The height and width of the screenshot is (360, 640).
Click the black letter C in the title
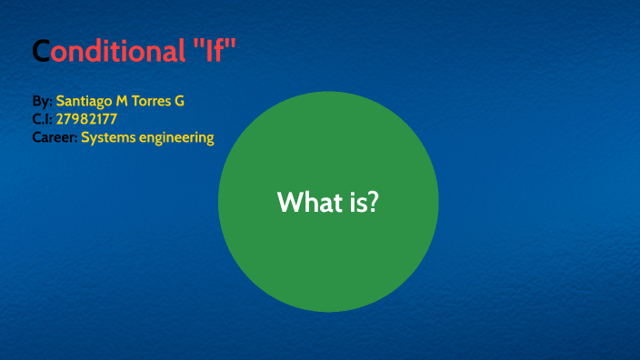tap(40, 52)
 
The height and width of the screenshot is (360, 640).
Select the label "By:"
tap(42, 101)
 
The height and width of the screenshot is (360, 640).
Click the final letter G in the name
tap(180, 101)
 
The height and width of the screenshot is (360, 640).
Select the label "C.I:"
tap(41, 119)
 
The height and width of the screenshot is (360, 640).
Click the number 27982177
tap(86, 119)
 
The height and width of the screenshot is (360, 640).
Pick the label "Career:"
tap(54, 138)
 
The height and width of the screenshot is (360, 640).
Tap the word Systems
tap(107, 138)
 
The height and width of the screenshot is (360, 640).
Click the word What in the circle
tap(307, 202)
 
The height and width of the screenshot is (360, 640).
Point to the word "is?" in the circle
tap(361, 202)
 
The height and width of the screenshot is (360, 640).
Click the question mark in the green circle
tap(373, 202)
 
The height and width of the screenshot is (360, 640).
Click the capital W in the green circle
tap(288, 202)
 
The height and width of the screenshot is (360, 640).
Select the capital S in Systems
tap(85, 138)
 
